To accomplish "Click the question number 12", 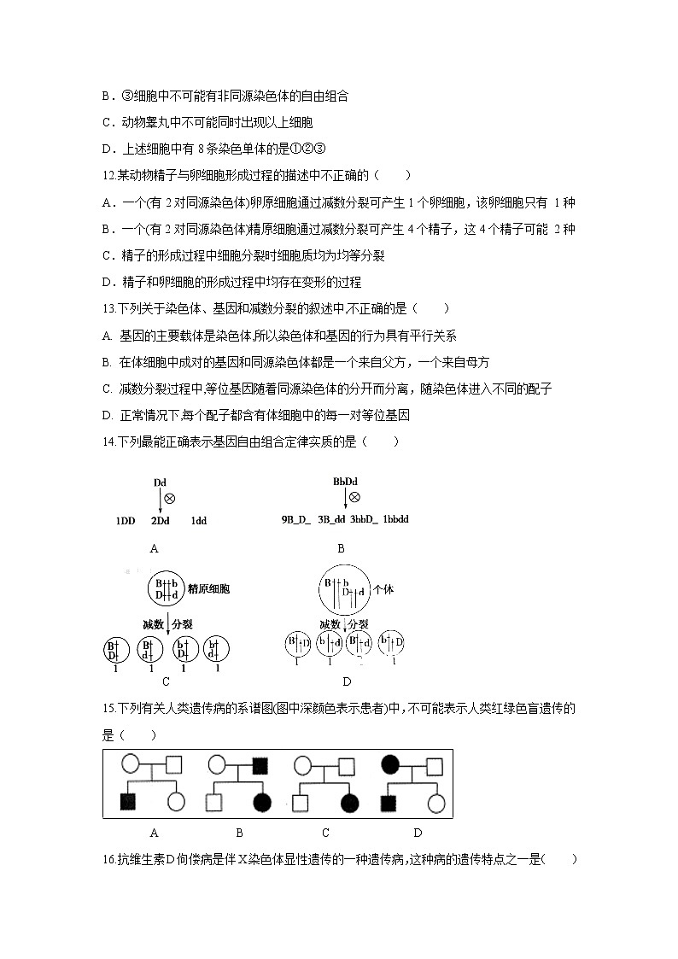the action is pyautogui.click(x=108, y=176).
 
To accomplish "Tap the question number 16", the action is pyautogui.click(x=108, y=860).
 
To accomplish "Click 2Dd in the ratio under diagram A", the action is pyautogui.click(x=160, y=520).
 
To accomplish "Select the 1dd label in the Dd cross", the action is pyautogui.click(x=198, y=520).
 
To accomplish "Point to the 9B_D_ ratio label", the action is pyautogui.click(x=296, y=519).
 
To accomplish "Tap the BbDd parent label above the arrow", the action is pyautogui.click(x=345, y=482).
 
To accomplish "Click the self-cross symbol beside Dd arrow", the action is pyautogui.click(x=169, y=498).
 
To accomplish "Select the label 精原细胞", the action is pyautogui.click(x=213, y=589).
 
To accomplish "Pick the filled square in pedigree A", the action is pyautogui.click(x=129, y=802).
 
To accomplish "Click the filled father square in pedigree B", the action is pyautogui.click(x=260, y=763).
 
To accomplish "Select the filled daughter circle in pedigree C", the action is pyautogui.click(x=348, y=802).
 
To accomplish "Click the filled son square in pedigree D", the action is pyautogui.click(x=389, y=802).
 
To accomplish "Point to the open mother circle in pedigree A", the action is pyautogui.click(x=130, y=763).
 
